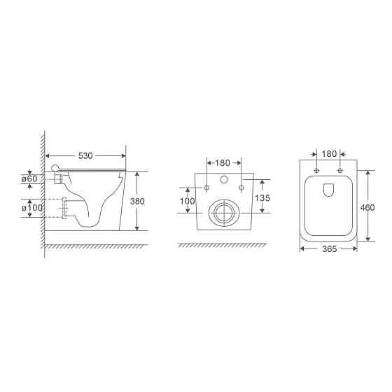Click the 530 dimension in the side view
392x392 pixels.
85,155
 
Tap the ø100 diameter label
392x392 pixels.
29,208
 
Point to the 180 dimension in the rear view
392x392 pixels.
223,163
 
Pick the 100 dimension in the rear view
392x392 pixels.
188,202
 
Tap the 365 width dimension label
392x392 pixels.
328,248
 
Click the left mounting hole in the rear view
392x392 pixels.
206,188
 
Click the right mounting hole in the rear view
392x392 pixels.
241,188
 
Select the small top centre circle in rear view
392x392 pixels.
224,179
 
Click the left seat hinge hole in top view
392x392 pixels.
317,171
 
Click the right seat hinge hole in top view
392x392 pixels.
340,171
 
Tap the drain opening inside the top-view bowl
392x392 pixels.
329,189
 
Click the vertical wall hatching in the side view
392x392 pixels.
43,189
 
